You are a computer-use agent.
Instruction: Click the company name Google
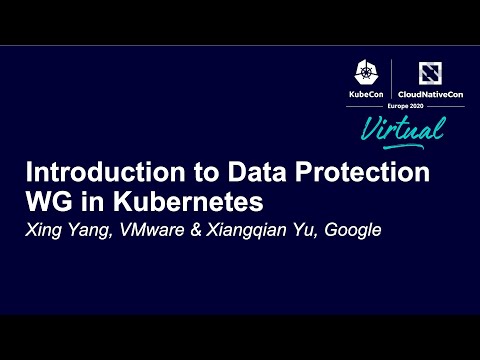click(x=353, y=228)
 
